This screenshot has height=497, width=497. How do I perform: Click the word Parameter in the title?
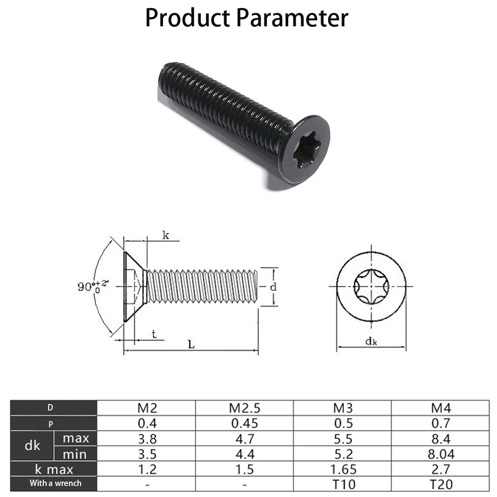tap(292, 18)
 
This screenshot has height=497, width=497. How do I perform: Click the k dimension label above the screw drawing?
tap(166, 236)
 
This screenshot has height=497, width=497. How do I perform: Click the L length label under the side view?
tap(191, 344)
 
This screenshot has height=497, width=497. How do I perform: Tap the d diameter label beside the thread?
tap(273, 287)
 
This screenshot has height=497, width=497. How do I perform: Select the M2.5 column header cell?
tap(244, 409)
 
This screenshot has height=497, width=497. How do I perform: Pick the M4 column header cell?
tap(440, 409)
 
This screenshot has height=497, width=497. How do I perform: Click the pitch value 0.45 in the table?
tap(244, 423)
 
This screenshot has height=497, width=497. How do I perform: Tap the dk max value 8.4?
tap(440, 438)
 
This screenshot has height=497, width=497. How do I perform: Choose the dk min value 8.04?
tap(440, 454)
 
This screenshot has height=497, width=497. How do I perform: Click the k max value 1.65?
tap(342, 469)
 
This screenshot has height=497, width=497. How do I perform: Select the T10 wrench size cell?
tap(342, 484)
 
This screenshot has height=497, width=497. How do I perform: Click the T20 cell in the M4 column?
tap(440, 484)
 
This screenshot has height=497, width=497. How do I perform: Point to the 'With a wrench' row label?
tap(55, 483)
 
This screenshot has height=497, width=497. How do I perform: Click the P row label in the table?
tap(50, 424)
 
